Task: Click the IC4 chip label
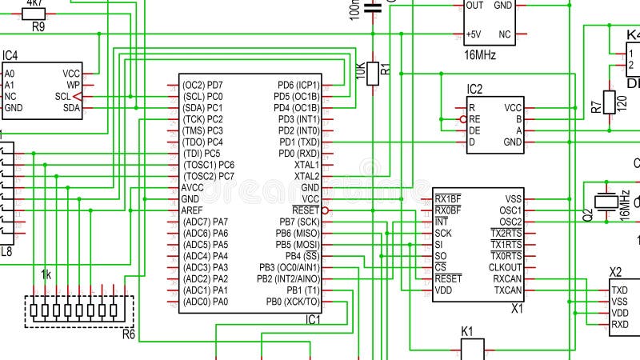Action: coord(10,55)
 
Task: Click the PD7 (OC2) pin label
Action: coord(202,85)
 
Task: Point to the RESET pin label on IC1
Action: coord(306,210)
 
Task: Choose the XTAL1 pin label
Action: coord(306,164)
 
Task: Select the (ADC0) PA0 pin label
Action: coord(206,302)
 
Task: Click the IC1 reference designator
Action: coord(312,319)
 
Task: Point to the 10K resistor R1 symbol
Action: coord(373,74)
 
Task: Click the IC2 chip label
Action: coord(475,89)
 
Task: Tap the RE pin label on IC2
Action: coord(474,119)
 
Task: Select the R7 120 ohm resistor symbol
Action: coord(609,102)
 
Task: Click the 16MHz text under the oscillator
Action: coord(480,55)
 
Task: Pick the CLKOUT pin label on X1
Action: coord(506,267)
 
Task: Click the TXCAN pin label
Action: coord(507,290)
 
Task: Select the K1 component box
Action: coord(473,349)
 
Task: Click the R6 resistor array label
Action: coord(128,334)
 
